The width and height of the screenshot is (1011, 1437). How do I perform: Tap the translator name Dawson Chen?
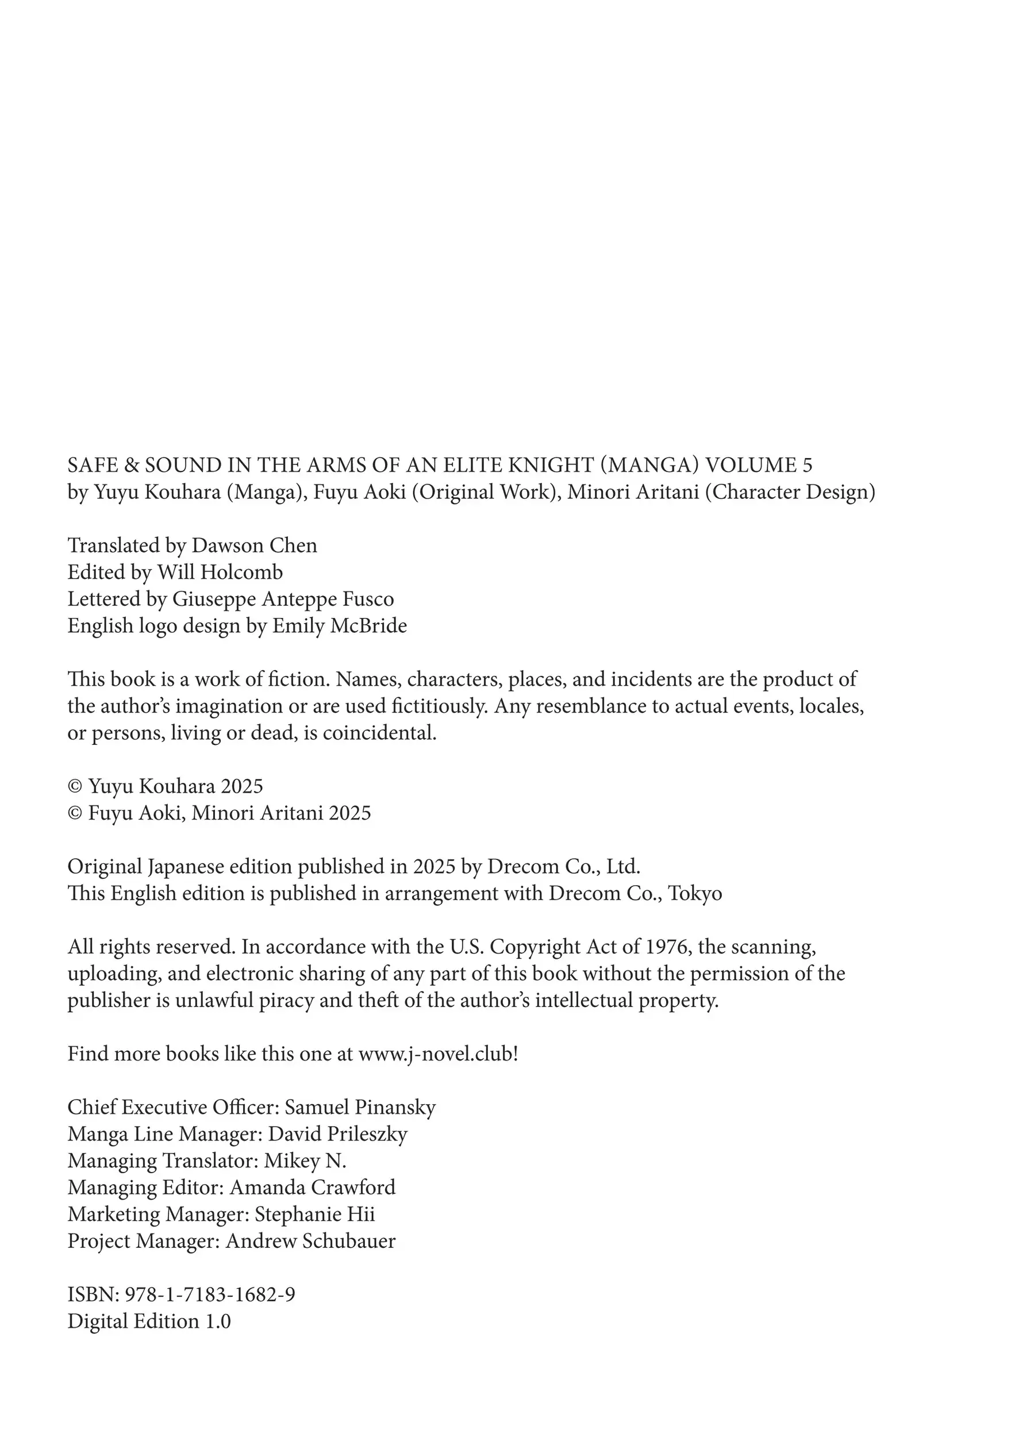pos(254,545)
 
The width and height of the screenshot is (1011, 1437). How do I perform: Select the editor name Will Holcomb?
pos(220,572)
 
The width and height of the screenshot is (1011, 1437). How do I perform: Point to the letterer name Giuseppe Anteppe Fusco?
pos(283,599)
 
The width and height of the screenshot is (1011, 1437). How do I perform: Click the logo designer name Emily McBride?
pos(339,626)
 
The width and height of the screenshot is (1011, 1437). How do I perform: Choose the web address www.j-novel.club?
pos(436,1054)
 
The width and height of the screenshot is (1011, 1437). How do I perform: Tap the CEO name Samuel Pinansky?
pos(360,1107)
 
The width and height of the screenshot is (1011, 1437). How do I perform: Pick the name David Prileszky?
pos(337,1134)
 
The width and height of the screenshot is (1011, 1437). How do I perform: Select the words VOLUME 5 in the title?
pos(759,465)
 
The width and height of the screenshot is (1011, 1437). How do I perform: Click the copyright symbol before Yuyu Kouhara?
pos(75,787)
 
